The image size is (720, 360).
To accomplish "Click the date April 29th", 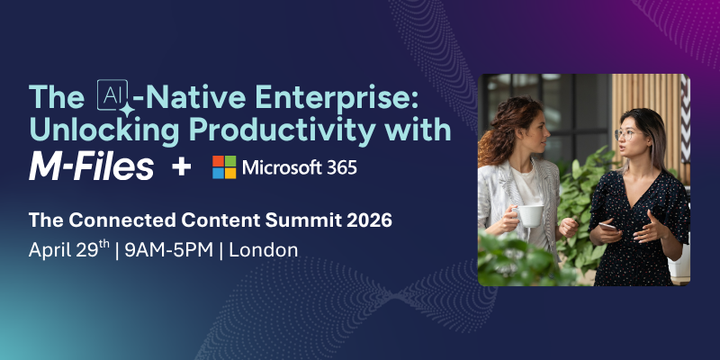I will tap(68, 250).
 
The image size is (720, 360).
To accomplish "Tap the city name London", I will tap(264, 250).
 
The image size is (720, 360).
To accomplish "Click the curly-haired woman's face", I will tap(529, 137).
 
